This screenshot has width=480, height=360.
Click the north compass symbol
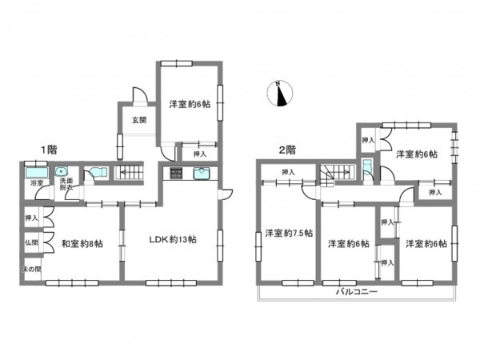coord(280,94)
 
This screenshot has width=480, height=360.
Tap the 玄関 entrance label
coord(139,120)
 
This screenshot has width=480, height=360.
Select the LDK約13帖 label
coord(173,239)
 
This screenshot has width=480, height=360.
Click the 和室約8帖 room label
coord(82,244)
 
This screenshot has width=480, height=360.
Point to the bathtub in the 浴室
coord(37,173)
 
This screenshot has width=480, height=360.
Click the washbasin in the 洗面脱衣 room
coord(62,171)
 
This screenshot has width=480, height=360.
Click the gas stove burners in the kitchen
coord(176,174)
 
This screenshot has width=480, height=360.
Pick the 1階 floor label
coord(49,150)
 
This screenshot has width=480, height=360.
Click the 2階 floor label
coord(287,150)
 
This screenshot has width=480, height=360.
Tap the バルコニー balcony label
coord(357,291)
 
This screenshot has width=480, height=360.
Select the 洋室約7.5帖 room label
coord(289,234)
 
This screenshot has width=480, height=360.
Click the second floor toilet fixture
coord(366,167)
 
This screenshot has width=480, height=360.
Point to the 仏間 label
coord(31,242)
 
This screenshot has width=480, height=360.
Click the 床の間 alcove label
coord(31,270)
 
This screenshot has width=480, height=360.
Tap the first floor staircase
coord(129,173)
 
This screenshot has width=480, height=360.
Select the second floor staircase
coord(337,175)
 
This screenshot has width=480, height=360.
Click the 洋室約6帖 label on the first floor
coord(190,104)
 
